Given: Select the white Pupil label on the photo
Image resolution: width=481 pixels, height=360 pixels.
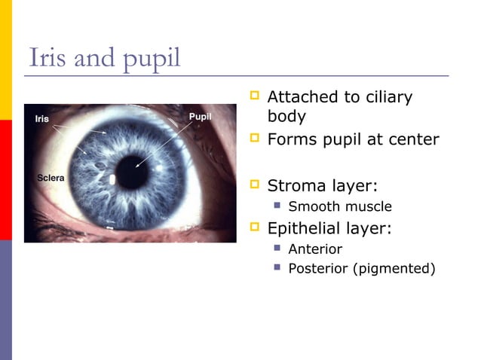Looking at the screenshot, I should pyautogui.click(x=200, y=117).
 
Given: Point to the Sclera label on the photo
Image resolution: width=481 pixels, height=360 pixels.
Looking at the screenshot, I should pyautogui.click(x=51, y=178).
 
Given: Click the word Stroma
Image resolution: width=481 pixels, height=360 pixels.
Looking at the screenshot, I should pyautogui.click(x=295, y=185).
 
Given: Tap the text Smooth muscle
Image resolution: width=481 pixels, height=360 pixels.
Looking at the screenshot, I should pyautogui.click(x=340, y=206).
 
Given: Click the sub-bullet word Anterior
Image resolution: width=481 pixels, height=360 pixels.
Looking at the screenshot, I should pyautogui.click(x=315, y=249).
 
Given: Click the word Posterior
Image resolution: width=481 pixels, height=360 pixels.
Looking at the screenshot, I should pyautogui.click(x=318, y=268).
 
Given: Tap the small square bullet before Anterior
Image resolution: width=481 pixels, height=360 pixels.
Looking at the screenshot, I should pyautogui.click(x=277, y=248).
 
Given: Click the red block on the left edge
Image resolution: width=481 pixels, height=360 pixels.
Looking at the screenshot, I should pyautogui.click(x=5, y=179).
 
